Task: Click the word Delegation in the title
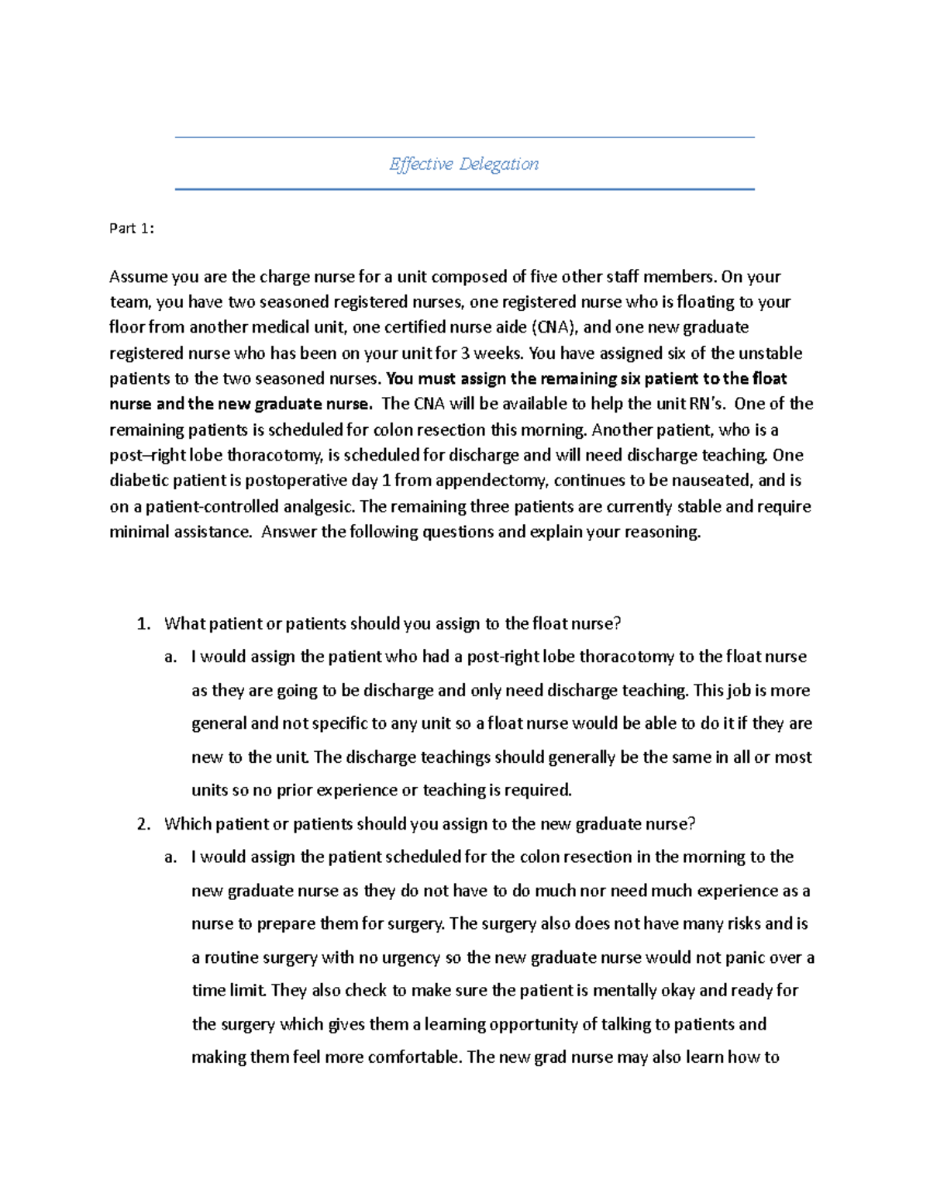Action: coord(499,164)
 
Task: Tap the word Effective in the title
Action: coord(421,164)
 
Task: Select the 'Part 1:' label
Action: coord(132,228)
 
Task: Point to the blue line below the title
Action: coord(464,189)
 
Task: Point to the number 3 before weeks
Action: coord(465,354)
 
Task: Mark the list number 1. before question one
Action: coord(143,624)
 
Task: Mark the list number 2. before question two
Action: coord(143,824)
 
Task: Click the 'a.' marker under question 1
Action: coord(170,657)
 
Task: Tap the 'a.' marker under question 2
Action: coord(170,857)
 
